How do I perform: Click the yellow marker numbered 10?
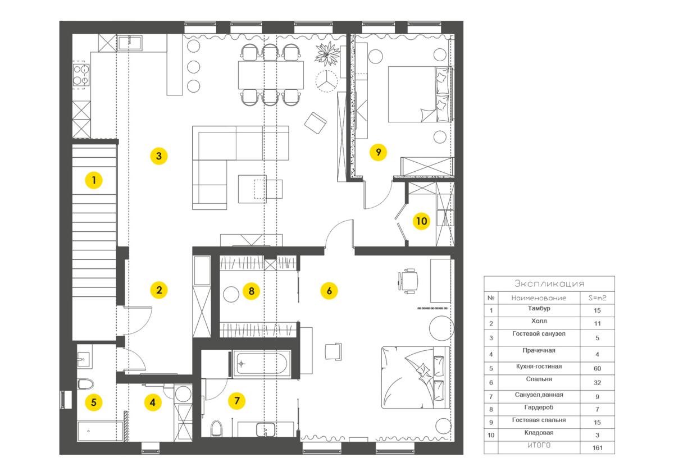click(421, 221)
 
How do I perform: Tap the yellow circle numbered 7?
click(237, 401)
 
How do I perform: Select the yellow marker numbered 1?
click(94, 180)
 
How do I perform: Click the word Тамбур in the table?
click(539, 308)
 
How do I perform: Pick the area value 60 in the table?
click(597, 368)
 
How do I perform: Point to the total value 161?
click(598, 448)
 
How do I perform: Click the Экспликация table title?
click(549, 283)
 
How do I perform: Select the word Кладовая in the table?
click(539, 432)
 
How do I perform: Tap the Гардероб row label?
click(539, 407)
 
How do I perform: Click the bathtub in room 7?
click(261, 364)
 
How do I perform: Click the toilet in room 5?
click(85, 384)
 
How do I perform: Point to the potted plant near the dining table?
click(327, 53)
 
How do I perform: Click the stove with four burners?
click(81, 75)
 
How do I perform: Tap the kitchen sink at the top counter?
click(130, 43)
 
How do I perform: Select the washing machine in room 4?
click(183, 393)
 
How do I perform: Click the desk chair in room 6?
click(408, 281)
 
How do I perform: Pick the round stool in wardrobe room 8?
click(231, 294)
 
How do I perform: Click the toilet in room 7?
click(216, 428)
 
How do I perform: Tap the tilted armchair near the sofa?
click(315, 123)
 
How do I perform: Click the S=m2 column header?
click(597, 297)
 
